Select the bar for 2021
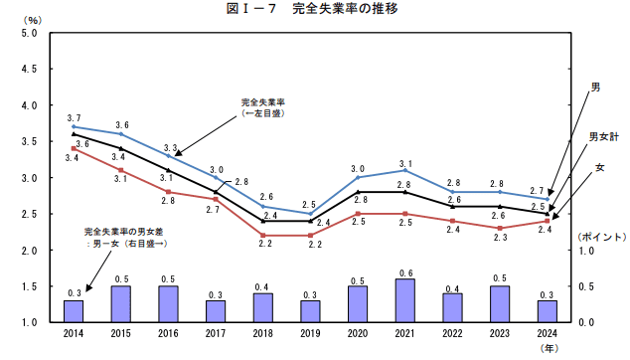click(x=404, y=300)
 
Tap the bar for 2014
click(x=74, y=311)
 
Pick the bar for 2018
click(x=262, y=307)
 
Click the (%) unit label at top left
click(x=33, y=19)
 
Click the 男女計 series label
click(x=603, y=136)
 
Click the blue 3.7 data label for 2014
click(x=74, y=117)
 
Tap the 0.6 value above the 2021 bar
click(x=404, y=271)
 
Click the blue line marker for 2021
click(x=404, y=170)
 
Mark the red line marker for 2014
click(x=74, y=148)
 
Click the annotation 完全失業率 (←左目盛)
click(x=263, y=106)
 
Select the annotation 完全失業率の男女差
click(x=124, y=236)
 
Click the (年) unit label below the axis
click(x=549, y=348)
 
